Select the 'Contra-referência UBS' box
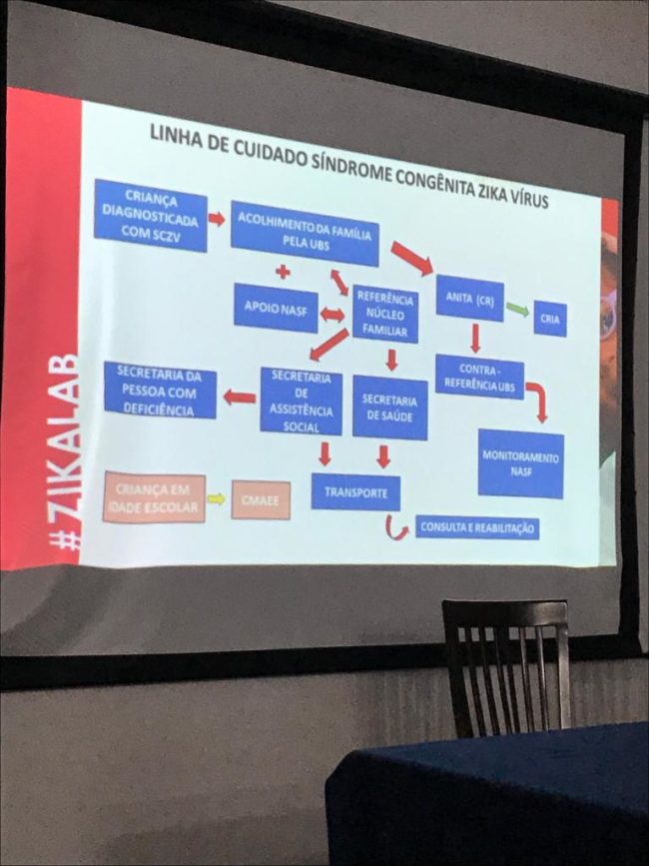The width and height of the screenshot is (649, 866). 479,377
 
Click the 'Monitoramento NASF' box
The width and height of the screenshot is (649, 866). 520,462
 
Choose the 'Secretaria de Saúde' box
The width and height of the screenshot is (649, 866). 389,407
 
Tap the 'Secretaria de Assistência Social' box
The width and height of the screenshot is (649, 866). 301,402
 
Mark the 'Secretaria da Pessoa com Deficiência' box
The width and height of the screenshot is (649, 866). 160,390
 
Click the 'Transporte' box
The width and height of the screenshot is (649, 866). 355,491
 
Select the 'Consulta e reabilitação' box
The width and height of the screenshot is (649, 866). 477,527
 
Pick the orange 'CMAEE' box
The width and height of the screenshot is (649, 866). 261,499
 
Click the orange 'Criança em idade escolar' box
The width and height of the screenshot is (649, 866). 154,497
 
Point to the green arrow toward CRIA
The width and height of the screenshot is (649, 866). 517,310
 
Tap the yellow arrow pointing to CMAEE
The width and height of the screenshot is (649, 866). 217,498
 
